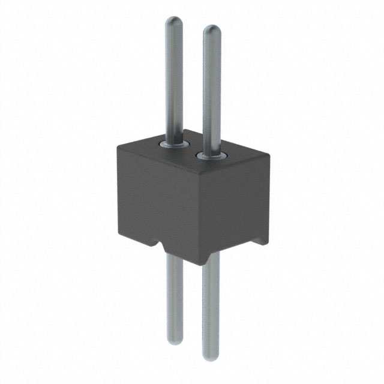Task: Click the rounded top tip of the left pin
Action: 173,22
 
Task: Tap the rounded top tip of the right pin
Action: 211,30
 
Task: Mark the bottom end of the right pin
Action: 211,349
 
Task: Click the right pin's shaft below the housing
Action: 211,306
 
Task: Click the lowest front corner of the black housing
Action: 198,265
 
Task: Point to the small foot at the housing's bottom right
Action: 262,241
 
